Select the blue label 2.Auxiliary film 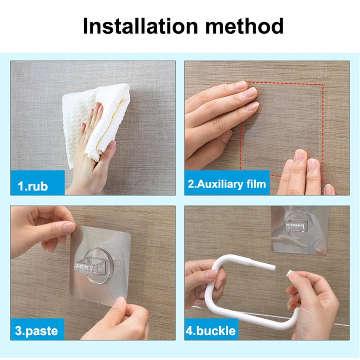[227, 184]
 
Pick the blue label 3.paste [37, 331]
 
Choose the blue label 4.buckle [211, 331]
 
